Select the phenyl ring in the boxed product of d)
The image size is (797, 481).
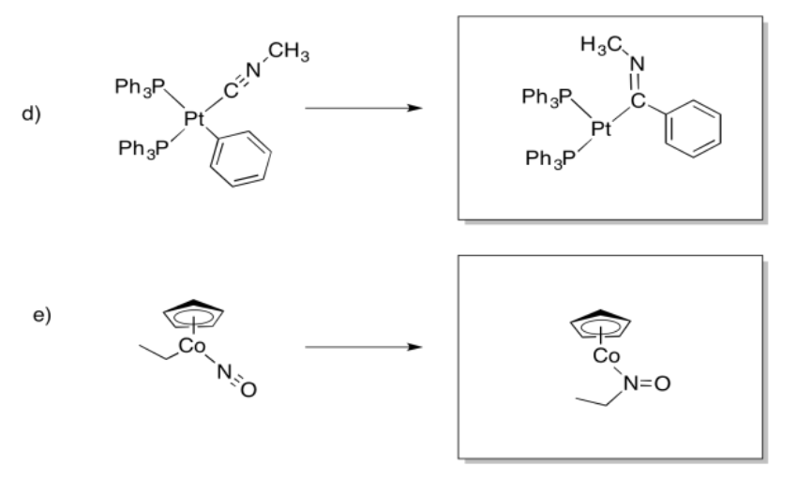(x=694, y=126)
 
